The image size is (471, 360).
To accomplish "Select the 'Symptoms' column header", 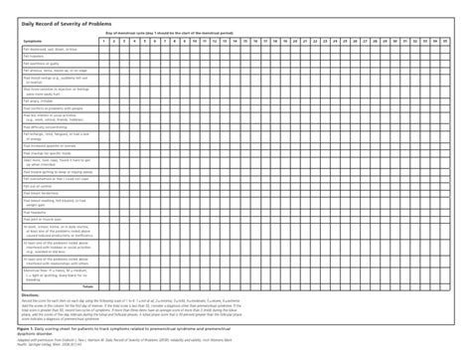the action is [33, 41].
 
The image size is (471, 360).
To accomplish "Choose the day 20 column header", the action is [308, 41].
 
